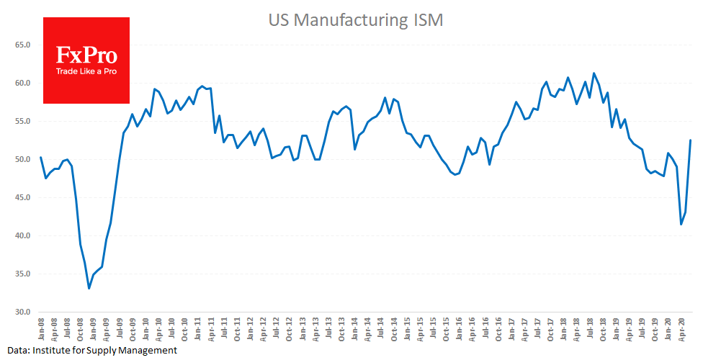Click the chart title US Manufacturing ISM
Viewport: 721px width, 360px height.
coord(356,20)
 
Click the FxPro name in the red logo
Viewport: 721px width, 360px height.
coord(86,55)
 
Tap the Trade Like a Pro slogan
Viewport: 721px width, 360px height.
coord(86,71)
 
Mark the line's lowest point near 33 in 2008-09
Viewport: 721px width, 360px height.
coord(89,288)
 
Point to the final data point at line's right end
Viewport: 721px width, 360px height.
coord(691,140)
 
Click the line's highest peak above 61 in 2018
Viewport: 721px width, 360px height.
coord(594,73)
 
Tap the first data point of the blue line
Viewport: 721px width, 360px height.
coord(40,157)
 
